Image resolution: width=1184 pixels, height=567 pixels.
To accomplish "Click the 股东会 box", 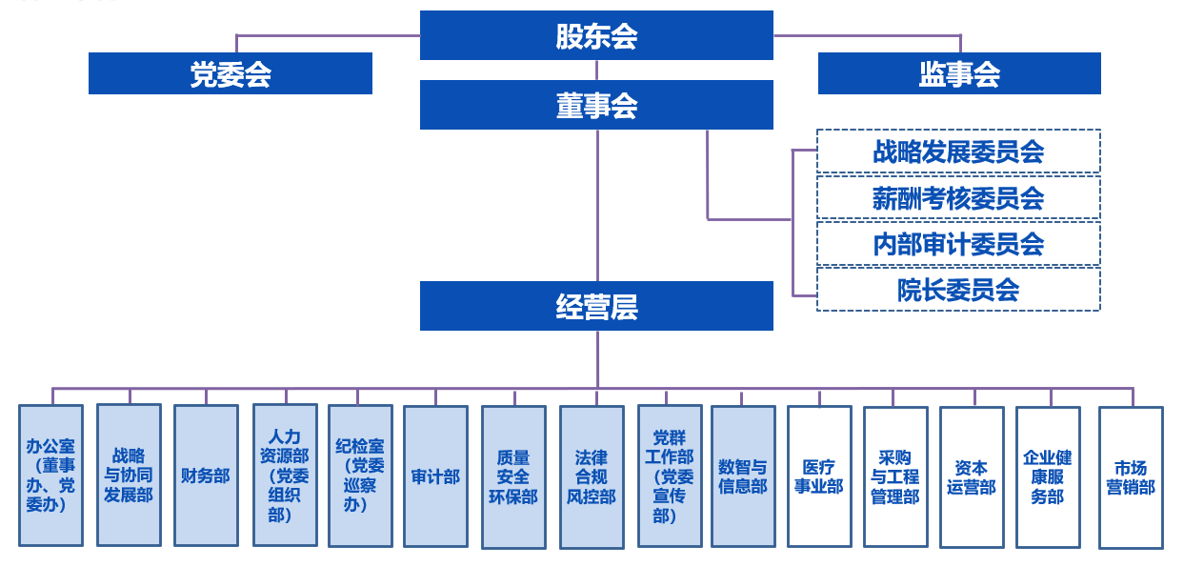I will point(596,35).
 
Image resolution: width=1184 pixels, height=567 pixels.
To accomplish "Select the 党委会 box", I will point(231,73).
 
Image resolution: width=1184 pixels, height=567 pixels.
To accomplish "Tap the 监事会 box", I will point(959,73).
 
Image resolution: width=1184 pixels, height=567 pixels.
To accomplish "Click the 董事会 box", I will point(596,105).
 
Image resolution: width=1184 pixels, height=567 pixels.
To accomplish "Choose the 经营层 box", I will point(596,306).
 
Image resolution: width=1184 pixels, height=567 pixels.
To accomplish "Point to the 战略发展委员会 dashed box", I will point(958,152).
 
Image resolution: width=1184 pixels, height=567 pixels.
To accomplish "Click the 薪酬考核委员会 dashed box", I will point(958,197).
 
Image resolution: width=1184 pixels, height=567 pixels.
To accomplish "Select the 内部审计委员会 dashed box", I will point(958,244).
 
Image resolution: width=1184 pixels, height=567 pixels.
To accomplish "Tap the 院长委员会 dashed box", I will point(958,290).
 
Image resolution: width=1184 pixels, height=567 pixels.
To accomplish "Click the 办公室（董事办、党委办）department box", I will point(50,476).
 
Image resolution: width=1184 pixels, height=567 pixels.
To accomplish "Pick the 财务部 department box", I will point(206,476).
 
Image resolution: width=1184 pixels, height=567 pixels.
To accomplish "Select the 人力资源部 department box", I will point(285,476).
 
